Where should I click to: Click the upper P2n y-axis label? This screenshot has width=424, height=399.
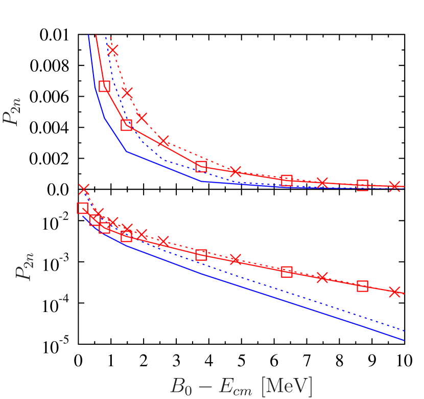pyautogui.click(x=11, y=112)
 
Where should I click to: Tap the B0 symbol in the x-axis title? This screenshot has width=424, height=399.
pyautogui.click(x=180, y=386)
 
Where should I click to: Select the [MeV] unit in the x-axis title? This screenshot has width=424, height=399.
pyautogui.click(x=287, y=386)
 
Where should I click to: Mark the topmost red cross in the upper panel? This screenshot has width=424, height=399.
pyautogui.click(x=112, y=50)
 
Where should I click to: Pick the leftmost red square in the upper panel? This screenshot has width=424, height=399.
pyautogui.click(x=104, y=86)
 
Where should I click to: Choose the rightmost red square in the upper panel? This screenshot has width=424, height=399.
pyautogui.click(x=362, y=185)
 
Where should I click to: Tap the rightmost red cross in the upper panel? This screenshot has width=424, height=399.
pyautogui.click(x=394, y=186)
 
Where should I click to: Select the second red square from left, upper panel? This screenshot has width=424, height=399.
pyautogui.click(x=126, y=125)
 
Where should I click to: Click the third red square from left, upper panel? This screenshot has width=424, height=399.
pyautogui.click(x=201, y=166)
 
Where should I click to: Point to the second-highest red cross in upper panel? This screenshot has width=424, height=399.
pyautogui.click(x=127, y=93)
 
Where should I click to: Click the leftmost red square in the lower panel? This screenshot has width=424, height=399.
pyautogui.click(x=82, y=208)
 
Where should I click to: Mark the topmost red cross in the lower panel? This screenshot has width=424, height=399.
pyautogui.click(x=84, y=189)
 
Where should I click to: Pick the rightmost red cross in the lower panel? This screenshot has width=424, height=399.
pyautogui.click(x=394, y=292)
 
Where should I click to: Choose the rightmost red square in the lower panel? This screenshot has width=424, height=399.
pyautogui.click(x=362, y=286)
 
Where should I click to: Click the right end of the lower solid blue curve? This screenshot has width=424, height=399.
pyautogui.click(x=404, y=340)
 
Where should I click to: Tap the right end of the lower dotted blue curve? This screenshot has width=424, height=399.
pyautogui.click(x=404, y=330)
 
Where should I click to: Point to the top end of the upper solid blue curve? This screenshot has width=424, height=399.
pyautogui.click(x=88, y=36)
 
